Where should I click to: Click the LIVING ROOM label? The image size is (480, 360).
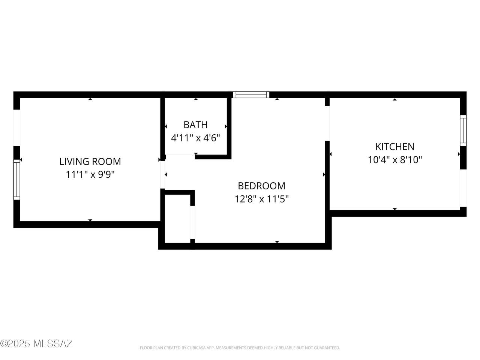(90, 162)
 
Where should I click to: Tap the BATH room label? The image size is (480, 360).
(195, 125)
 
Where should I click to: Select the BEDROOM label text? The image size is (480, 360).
(261, 186)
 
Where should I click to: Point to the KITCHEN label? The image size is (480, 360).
(395, 147)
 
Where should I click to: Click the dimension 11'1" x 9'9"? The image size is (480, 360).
(90, 175)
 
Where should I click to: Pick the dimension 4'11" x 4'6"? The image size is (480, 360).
(195, 138)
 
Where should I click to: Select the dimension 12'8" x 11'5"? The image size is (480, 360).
(261, 199)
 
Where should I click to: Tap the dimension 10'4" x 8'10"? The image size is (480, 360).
(395, 160)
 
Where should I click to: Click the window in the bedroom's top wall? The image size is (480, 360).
(251, 94)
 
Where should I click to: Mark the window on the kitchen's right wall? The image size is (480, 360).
(463, 130)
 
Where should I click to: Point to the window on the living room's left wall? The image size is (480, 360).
(17, 180)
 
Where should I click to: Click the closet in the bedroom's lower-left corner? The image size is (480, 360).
(177, 219)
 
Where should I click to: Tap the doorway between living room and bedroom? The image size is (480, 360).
(162, 175)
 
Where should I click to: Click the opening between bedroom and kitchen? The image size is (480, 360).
(327, 123)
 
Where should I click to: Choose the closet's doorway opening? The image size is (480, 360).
(192, 222)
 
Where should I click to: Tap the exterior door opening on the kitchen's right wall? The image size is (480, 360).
(463, 188)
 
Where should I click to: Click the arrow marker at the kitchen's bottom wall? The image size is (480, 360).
(395, 209)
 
